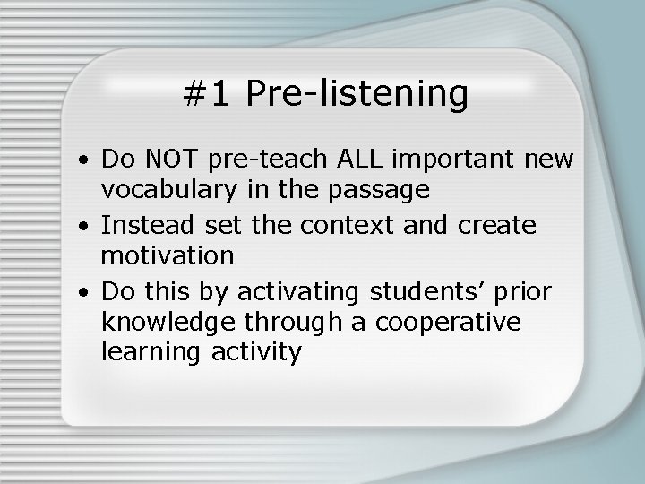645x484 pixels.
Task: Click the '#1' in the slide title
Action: point(207,94)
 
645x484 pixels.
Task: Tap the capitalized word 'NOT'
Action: point(180,160)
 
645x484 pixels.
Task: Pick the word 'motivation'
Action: point(168,256)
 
